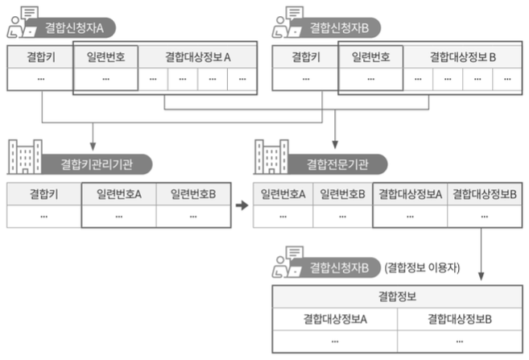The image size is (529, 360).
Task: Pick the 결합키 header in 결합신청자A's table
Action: point(40,57)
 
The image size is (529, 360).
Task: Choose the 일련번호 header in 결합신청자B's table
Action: point(370,57)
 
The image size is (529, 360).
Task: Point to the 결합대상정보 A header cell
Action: point(198,57)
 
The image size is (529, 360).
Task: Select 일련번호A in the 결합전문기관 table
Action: point(283,194)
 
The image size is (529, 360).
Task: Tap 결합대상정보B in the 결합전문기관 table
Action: point(485,194)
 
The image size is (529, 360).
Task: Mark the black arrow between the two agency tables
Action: point(241,205)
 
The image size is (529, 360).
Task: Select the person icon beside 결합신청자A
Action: point(19,24)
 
